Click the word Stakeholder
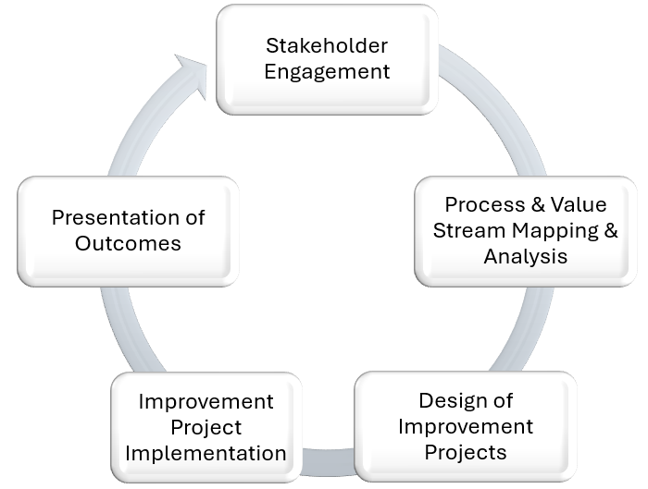point(327,45)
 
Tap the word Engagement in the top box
point(327,72)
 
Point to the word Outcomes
point(128,243)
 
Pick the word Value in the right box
point(579,204)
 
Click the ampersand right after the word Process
point(538,204)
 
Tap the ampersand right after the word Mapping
point(611,230)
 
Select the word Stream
point(469,230)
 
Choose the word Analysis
point(525,256)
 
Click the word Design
point(451,400)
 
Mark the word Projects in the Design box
point(466,452)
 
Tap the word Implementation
point(206,453)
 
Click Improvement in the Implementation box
point(206,401)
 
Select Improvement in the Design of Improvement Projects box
point(466,426)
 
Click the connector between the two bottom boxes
point(328,461)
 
